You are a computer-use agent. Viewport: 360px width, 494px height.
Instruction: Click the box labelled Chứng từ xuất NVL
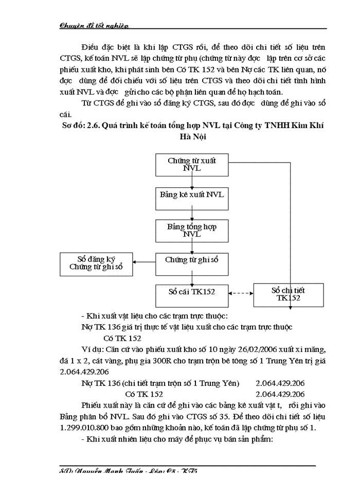point(192,165)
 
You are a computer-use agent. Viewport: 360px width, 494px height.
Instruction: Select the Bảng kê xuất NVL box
point(192,196)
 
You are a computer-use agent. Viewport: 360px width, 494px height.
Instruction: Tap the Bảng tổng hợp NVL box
point(192,230)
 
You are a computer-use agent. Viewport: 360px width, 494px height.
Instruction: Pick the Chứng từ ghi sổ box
point(192,261)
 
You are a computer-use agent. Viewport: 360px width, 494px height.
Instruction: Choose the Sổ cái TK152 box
point(192,293)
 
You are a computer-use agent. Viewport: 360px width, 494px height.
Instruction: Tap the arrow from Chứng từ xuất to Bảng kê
point(192,181)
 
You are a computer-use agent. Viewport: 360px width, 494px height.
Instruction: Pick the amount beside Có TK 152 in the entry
point(280,394)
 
